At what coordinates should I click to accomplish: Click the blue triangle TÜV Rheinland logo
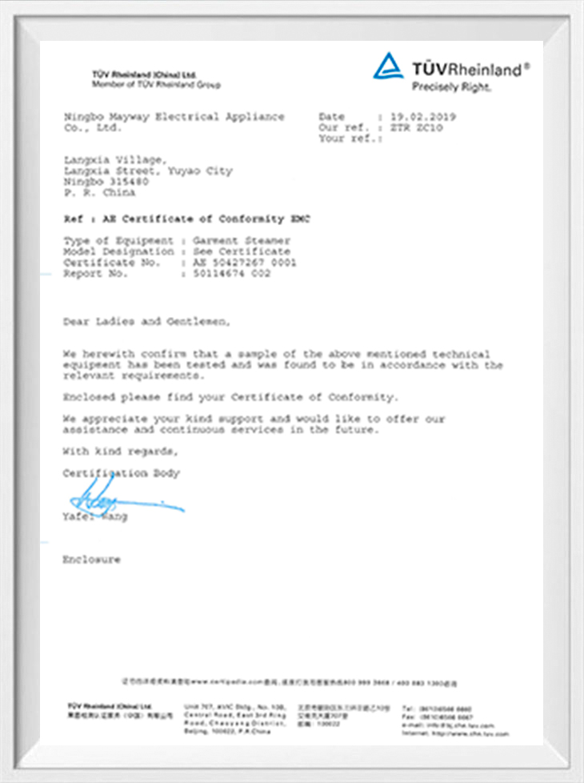point(388,66)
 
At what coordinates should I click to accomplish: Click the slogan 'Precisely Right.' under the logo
point(451,86)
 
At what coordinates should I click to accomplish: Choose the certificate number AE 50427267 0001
point(245,263)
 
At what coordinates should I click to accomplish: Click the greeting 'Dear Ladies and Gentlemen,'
point(146,322)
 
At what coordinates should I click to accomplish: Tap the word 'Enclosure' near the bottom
point(92,560)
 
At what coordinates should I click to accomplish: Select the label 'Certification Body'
point(122,473)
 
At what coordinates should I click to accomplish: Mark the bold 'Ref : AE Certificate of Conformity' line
point(185,219)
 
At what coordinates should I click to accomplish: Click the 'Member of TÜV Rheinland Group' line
point(156,85)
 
